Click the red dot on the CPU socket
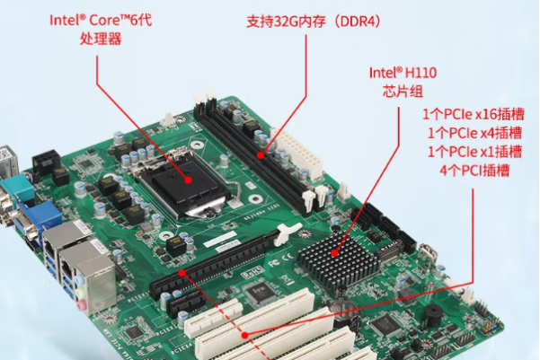[x=188, y=180]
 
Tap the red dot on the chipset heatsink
[x=334, y=254]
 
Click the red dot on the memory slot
[x=261, y=155]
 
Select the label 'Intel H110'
[x=403, y=73]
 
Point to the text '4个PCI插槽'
[x=474, y=171]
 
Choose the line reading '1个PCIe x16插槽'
[x=474, y=114]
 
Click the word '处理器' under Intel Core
[x=101, y=39]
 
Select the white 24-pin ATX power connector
[x=298, y=153]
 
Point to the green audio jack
[x=80, y=292]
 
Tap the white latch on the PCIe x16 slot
[x=286, y=234]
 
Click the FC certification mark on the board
[x=273, y=264]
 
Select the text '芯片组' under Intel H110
[x=403, y=92]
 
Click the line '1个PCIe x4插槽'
[x=474, y=133]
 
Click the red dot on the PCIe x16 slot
[x=182, y=273]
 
